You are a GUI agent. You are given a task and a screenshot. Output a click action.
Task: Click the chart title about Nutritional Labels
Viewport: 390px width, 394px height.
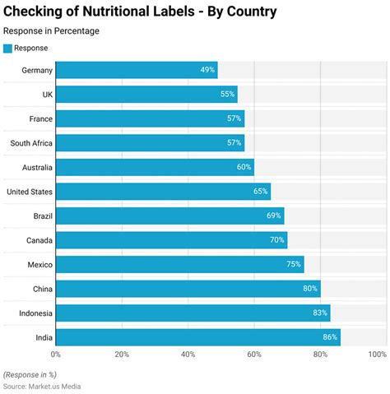pyautogui.click(x=140, y=12)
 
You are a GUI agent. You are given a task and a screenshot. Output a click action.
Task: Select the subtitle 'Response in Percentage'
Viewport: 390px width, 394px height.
pyautogui.click(x=51, y=31)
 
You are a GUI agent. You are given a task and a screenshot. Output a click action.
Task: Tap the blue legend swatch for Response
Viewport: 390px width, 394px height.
pyautogui.click(x=7, y=48)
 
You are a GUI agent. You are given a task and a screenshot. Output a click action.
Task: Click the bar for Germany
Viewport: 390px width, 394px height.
pyautogui.click(x=136, y=70)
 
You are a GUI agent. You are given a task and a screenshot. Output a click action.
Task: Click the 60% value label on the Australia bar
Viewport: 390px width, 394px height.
pyautogui.click(x=244, y=167)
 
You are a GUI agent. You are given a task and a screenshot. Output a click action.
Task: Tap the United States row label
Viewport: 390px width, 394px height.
pyautogui.click(x=30, y=192)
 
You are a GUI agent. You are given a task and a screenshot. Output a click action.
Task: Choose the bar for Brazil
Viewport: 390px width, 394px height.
pyautogui.click(x=169, y=216)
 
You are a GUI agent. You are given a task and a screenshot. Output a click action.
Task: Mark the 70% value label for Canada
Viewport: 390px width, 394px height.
pyautogui.click(x=277, y=240)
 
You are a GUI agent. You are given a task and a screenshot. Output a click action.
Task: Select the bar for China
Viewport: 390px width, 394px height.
pyautogui.click(x=188, y=289)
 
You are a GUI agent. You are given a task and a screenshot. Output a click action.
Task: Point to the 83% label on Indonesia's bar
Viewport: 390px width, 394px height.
pyautogui.click(x=320, y=313)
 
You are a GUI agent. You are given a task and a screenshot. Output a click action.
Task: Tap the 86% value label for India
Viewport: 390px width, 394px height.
pyautogui.click(x=330, y=337)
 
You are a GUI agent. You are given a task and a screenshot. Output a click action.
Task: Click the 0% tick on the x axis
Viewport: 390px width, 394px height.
pyautogui.click(x=56, y=355)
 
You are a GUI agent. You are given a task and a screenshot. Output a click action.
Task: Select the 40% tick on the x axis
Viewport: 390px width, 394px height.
pyautogui.click(x=188, y=355)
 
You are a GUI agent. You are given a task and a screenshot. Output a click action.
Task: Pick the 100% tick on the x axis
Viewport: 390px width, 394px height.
pyautogui.click(x=377, y=355)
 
